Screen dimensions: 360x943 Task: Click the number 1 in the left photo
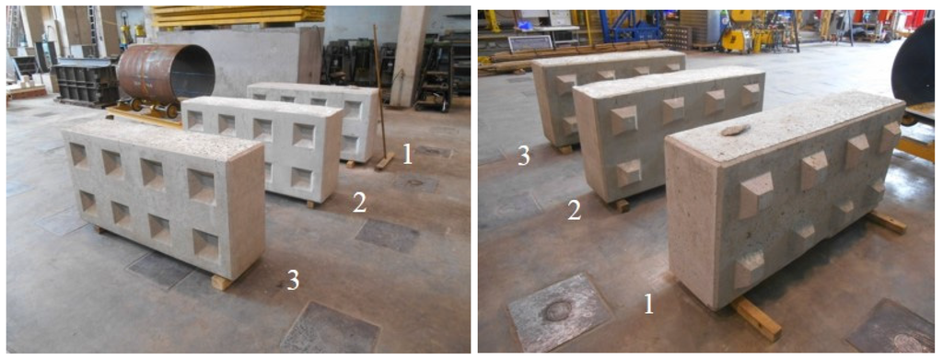coord(407,154)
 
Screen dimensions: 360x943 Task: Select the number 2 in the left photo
coord(359,203)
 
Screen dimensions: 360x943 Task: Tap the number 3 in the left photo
coord(293,280)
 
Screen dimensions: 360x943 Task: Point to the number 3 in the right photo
coord(523,156)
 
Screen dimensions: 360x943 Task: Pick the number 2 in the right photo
coord(574,210)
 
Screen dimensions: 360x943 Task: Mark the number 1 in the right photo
coord(648,304)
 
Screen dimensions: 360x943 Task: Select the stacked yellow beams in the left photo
coord(238,16)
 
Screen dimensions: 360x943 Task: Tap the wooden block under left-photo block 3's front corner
coord(222,282)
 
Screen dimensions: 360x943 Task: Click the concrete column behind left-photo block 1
coord(408,55)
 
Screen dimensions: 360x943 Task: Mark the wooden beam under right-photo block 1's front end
coord(758,318)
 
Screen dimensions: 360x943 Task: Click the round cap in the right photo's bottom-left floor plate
coord(556,310)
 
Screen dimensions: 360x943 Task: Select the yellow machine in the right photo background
coord(742,36)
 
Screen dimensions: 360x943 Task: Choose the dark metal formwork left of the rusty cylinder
coord(84,82)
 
